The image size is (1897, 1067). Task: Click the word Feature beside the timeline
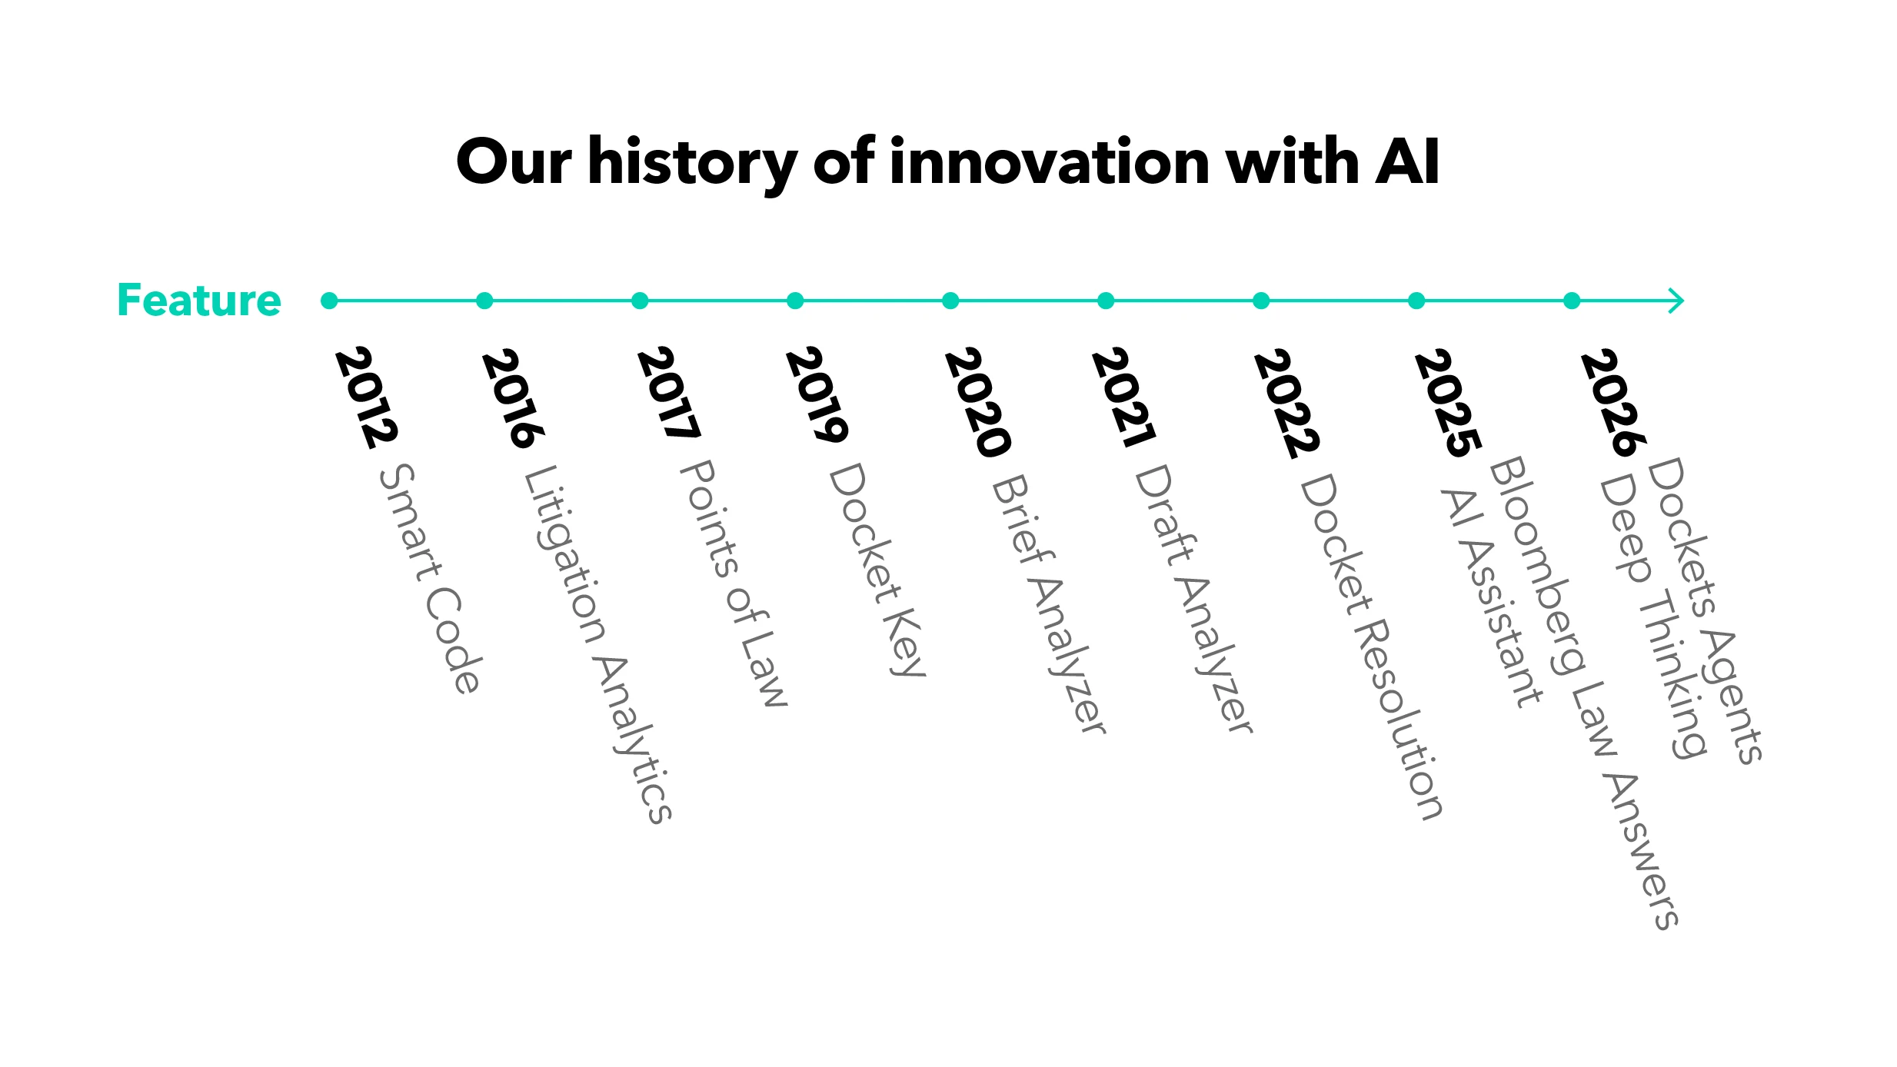click(x=199, y=300)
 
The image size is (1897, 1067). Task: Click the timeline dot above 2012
click(x=329, y=301)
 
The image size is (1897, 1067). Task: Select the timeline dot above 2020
click(x=950, y=301)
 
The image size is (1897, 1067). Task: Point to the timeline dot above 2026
click(x=1572, y=301)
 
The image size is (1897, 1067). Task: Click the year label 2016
click(x=513, y=398)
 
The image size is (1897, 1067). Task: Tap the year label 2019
click(x=817, y=394)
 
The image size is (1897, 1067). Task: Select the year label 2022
click(x=1286, y=404)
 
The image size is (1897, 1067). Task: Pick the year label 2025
click(x=1448, y=403)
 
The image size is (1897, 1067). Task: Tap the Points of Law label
click(x=734, y=583)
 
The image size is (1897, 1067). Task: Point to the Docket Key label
click(x=877, y=569)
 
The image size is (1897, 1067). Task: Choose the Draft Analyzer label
click(x=1194, y=599)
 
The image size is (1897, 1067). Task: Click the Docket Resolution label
click(x=1371, y=647)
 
